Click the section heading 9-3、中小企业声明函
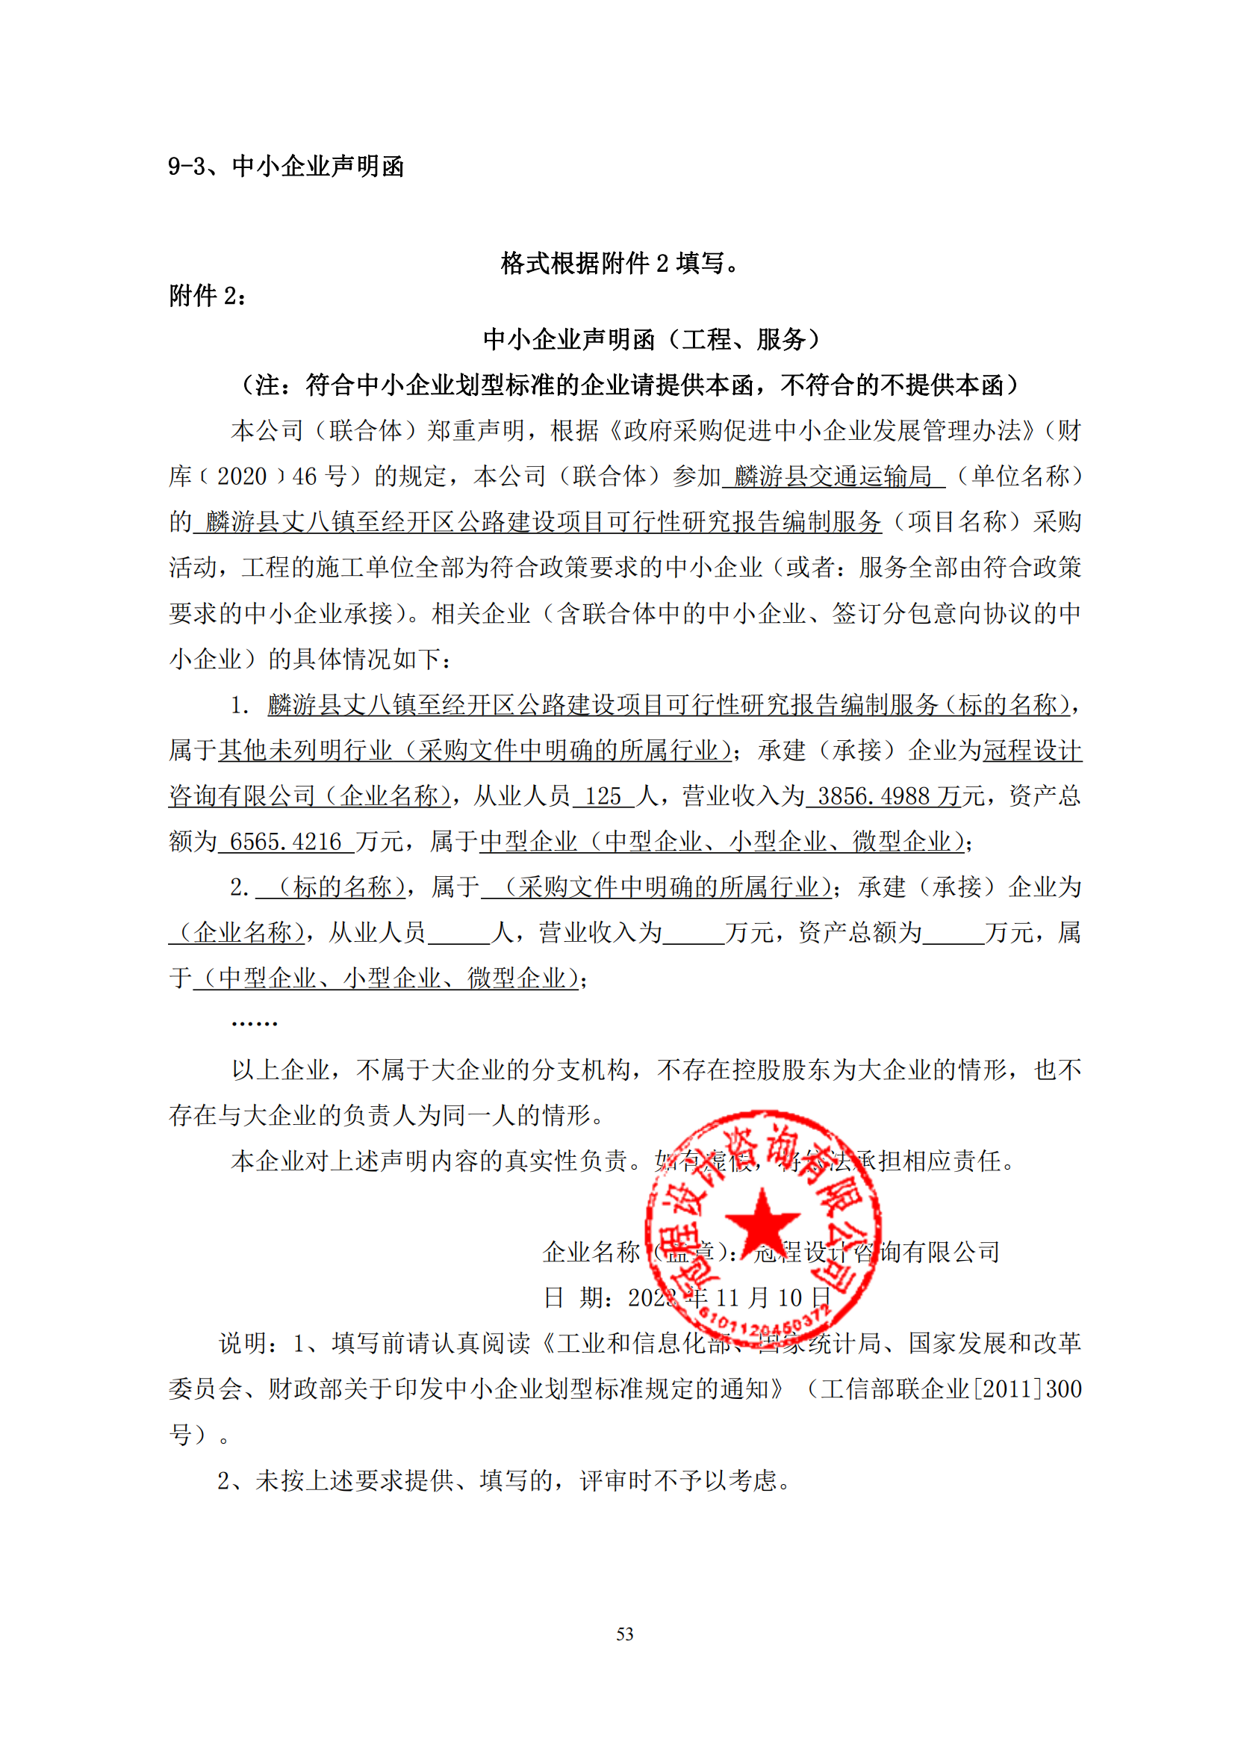[x=285, y=166]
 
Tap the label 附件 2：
[x=208, y=296]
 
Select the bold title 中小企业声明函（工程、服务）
[x=652, y=339]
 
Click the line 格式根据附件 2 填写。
[x=620, y=263]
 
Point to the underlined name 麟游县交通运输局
[x=833, y=477]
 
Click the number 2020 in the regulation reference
[x=242, y=477]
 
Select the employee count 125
[x=603, y=797]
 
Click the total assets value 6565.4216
[x=285, y=843]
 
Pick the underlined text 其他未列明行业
[x=305, y=751]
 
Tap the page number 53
[x=624, y=1634]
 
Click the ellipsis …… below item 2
[x=254, y=1023]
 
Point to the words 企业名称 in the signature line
[x=591, y=1253]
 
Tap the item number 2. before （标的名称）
[x=240, y=887]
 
